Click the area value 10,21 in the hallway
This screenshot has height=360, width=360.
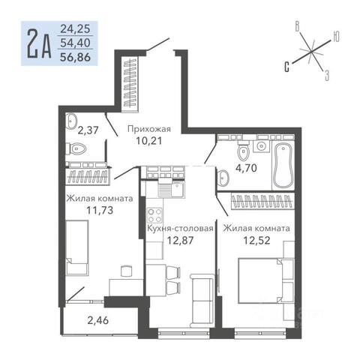click(x=149, y=141)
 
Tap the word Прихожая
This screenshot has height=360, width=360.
click(x=149, y=129)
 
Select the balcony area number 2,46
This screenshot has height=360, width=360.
click(x=98, y=320)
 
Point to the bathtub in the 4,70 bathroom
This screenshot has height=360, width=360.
click(x=283, y=165)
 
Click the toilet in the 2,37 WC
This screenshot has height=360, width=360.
click(x=76, y=149)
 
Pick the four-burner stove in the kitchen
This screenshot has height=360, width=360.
click(x=154, y=216)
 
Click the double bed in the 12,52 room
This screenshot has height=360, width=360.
click(x=261, y=280)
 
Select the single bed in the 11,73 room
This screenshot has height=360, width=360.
click(x=77, y=247)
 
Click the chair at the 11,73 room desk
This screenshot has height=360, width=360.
click(x=126, y=271)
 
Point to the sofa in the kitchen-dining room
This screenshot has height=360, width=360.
click(x=202, y=301)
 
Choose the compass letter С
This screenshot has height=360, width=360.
click(x=287, y=67)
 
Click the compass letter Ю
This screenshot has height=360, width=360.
click(x=336, y=37)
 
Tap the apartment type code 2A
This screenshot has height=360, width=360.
click(x=39, y=43)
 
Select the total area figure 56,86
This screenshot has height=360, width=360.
click(x=75, y=58)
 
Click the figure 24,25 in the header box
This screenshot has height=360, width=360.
click(x=75, y=29)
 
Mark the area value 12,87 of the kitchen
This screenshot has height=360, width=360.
click(x=180, y=241)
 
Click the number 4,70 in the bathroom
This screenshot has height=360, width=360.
click(x=246, y=168)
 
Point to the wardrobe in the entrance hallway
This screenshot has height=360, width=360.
click(x=130, y=82)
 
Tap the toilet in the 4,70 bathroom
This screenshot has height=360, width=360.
click(x=243, y=151)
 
